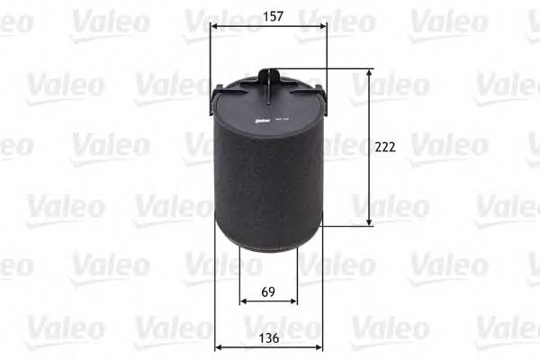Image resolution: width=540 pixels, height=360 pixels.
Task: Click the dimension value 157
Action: [268, 16]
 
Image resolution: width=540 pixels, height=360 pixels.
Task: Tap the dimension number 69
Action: [267, 291]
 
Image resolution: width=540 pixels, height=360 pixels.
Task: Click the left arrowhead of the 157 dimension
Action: [213, 26]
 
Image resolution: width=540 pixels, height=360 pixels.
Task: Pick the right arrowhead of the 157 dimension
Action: [324, 26]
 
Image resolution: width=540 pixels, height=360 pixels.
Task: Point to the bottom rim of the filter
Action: [268, 248]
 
